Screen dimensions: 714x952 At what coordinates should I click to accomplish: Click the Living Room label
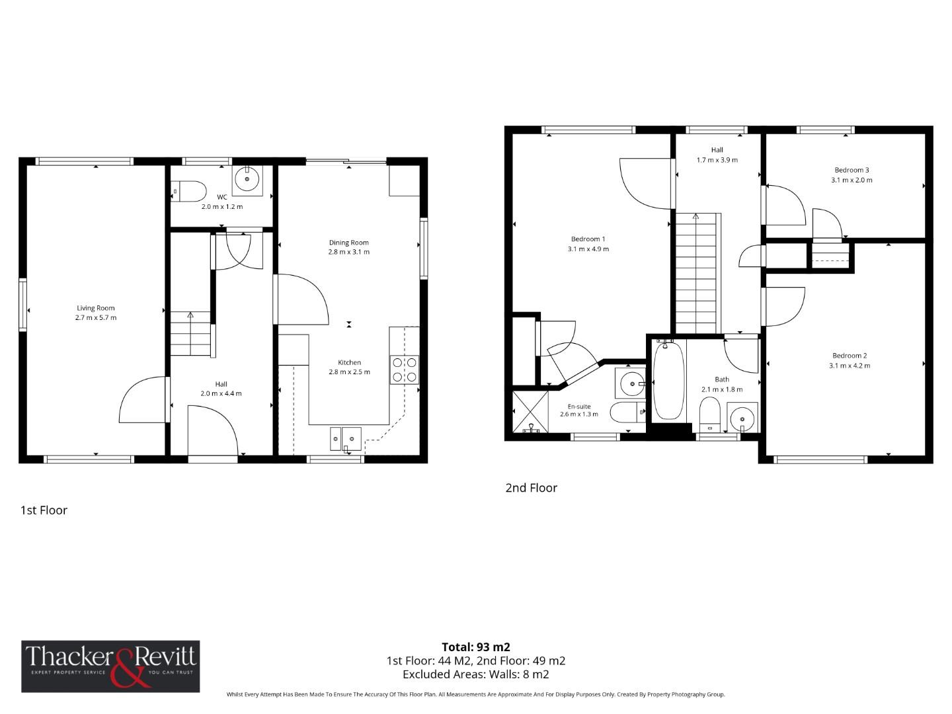pyautogui.click(x=96, y=308)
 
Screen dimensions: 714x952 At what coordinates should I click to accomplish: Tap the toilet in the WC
pyautogui.click(x=189, y=191)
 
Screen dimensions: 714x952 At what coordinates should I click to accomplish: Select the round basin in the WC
pyautogui.click(x=248, y=178)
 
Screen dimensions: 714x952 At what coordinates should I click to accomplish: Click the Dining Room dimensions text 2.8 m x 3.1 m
pyautogui.click(x=348, y=252)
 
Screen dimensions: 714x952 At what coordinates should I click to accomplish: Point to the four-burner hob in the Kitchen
pyautogui.click(x=404, y=370)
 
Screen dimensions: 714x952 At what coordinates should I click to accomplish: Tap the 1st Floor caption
pyautogui.click(x=44, y=510)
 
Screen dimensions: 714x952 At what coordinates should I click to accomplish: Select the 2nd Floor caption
pyautogui.click(x=531, y=488)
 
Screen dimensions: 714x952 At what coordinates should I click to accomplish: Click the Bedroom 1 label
pyautogui.click(x=588, y=239)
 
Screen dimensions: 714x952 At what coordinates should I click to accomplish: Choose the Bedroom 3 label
pyautogui.click(x=852, y=170)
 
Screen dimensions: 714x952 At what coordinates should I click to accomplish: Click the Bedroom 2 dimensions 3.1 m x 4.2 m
pyautogui.click(x=850, y=366)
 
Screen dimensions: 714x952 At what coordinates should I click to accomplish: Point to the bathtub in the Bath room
pyautogui.click(x=668, y=381)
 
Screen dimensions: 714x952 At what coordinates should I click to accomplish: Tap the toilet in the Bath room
pyautogui.click(x=709, y=411)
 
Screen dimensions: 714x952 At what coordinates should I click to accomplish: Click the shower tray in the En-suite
pyautogui.click(x=531, y=412)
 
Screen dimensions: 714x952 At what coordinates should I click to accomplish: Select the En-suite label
pyautogui.click(x=579, y=407)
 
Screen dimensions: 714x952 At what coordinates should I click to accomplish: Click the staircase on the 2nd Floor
pyautogui.click(x=695, y=273)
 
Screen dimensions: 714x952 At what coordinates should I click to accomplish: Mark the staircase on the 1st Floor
pyautogui.click(x=191, y=334)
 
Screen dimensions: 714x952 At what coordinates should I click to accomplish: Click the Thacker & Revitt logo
pyautogui.click(x=110, y=666)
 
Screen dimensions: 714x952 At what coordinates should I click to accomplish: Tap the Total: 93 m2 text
pyautogui.click(x=476, y=647)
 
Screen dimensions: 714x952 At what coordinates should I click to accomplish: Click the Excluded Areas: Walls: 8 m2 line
pyautogui.click(x=476, y=675)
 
